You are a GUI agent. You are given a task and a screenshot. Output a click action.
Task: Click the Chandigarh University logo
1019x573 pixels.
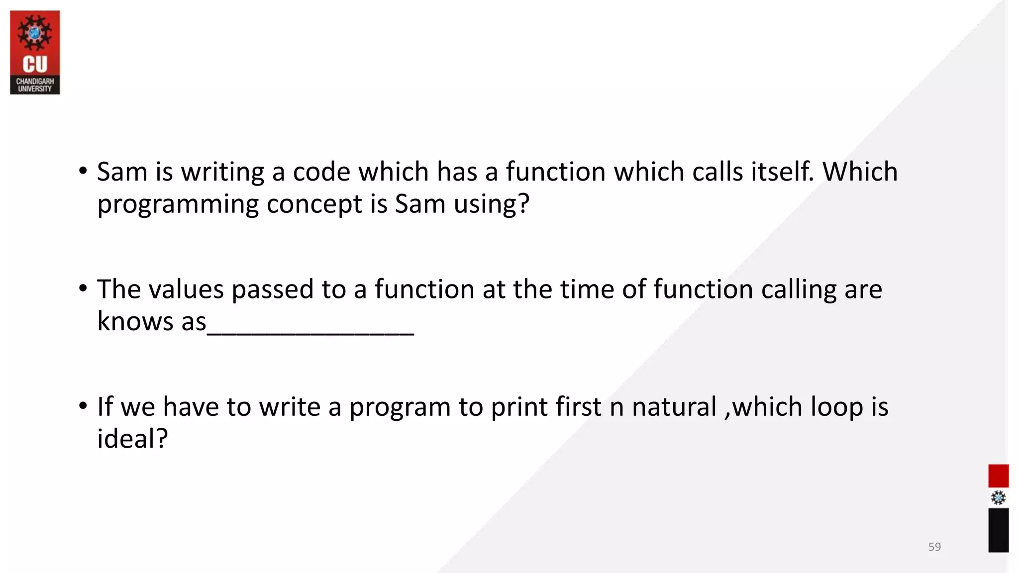(x=35, y=52)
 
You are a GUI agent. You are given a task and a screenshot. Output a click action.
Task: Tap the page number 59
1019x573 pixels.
(x=934, y=547)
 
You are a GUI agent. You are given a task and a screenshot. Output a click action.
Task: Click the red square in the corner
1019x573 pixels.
(x=998, y=476)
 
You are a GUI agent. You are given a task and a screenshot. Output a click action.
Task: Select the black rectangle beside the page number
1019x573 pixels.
(x=998, y=530)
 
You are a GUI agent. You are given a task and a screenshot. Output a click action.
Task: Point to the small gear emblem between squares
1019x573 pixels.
(x=998, y=498)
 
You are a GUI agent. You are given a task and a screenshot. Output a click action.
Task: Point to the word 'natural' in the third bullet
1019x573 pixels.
(x=674, y=407)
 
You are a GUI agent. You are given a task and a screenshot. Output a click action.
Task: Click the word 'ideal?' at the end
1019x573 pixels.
(x=132, y=439)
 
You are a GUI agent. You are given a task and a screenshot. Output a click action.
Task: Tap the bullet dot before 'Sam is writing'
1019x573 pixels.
(x=83, y=171)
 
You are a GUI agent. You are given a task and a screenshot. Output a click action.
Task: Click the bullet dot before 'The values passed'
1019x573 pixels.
(x=83, y=288)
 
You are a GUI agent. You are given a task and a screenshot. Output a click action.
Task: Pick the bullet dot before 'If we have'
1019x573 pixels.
(x=83, y=406)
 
